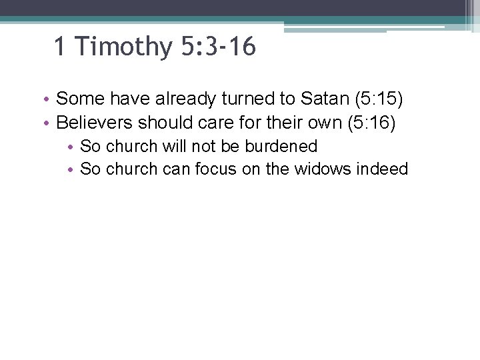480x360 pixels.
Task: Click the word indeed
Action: [x=382, y=169]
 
